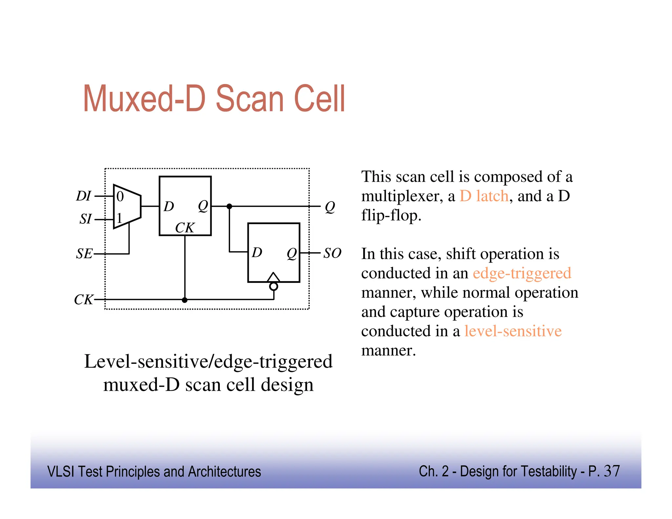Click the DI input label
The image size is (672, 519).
(x=83, y=196)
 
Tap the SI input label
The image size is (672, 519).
(x=85, y=219)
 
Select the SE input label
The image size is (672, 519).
(x=84, y=254)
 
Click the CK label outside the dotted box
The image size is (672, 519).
(x=83, y=300)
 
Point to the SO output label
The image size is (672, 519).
(x=332, y=253)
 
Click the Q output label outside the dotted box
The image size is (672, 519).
(x=330, y=207)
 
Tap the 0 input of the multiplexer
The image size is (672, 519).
(x=120, y=197)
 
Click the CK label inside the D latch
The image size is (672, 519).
(x=185, y=228)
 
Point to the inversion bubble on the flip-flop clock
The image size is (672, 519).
(x=274, y=286)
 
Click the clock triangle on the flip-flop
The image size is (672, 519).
(x=273, y=278)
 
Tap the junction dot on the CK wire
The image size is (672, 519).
(x=185, y=300)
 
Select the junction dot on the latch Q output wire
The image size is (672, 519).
(x=229, y=206)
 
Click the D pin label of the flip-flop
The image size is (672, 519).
(x=257, y=253)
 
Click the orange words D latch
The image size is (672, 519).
(x=484, y=196)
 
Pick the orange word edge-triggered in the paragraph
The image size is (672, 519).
(x=522, y=273)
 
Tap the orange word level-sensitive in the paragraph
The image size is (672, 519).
(x=513, y=331)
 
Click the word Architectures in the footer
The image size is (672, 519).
(x=224, y=472)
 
